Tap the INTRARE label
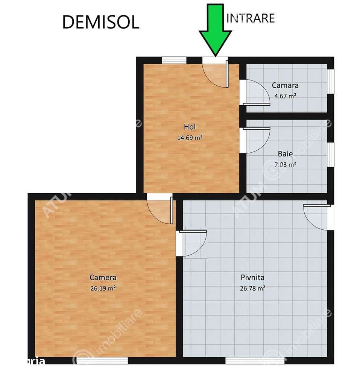tap(251, 18)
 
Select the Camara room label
tap(285, 86)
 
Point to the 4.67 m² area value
tap(285, 96)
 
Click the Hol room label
tap(190, 127)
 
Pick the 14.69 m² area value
tap(190, 138)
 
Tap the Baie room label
tap(285, 154)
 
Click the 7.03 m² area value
tap(285, 164)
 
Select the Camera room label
tap(103, 278)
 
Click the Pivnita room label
tap(252, 278)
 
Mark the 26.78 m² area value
tap(252, 289)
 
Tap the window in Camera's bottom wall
tap(102, 361)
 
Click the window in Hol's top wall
tap(174, 60)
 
